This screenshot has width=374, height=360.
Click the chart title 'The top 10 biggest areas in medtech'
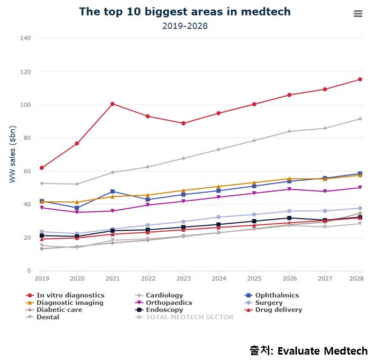(185, 11)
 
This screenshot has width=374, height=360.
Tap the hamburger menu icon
(358, 14)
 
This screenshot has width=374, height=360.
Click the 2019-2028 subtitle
(185, 26)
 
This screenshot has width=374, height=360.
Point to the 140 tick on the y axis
(26, 38)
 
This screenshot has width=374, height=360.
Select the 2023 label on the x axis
(184, 278)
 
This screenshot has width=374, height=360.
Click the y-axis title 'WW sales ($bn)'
(12, 154)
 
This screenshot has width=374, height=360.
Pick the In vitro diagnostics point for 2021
(113, 104)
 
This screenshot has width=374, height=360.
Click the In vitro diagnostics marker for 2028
(360, 79)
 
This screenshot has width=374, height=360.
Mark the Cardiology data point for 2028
(360, 119)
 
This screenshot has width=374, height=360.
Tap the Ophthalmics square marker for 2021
(113, 191)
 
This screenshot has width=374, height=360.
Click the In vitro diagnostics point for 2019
(41, 168)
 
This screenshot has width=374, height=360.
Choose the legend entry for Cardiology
(164, 295)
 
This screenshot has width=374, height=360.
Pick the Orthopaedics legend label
(172, 303)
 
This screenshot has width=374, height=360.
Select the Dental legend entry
(48, 317)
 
